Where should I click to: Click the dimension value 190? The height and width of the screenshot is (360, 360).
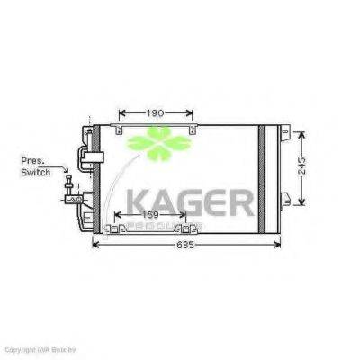click(x=155, y=113)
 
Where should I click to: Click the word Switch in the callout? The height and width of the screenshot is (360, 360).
click(x=36, y=171)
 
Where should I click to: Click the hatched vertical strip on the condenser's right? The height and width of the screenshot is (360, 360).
click(x=263, y=180)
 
